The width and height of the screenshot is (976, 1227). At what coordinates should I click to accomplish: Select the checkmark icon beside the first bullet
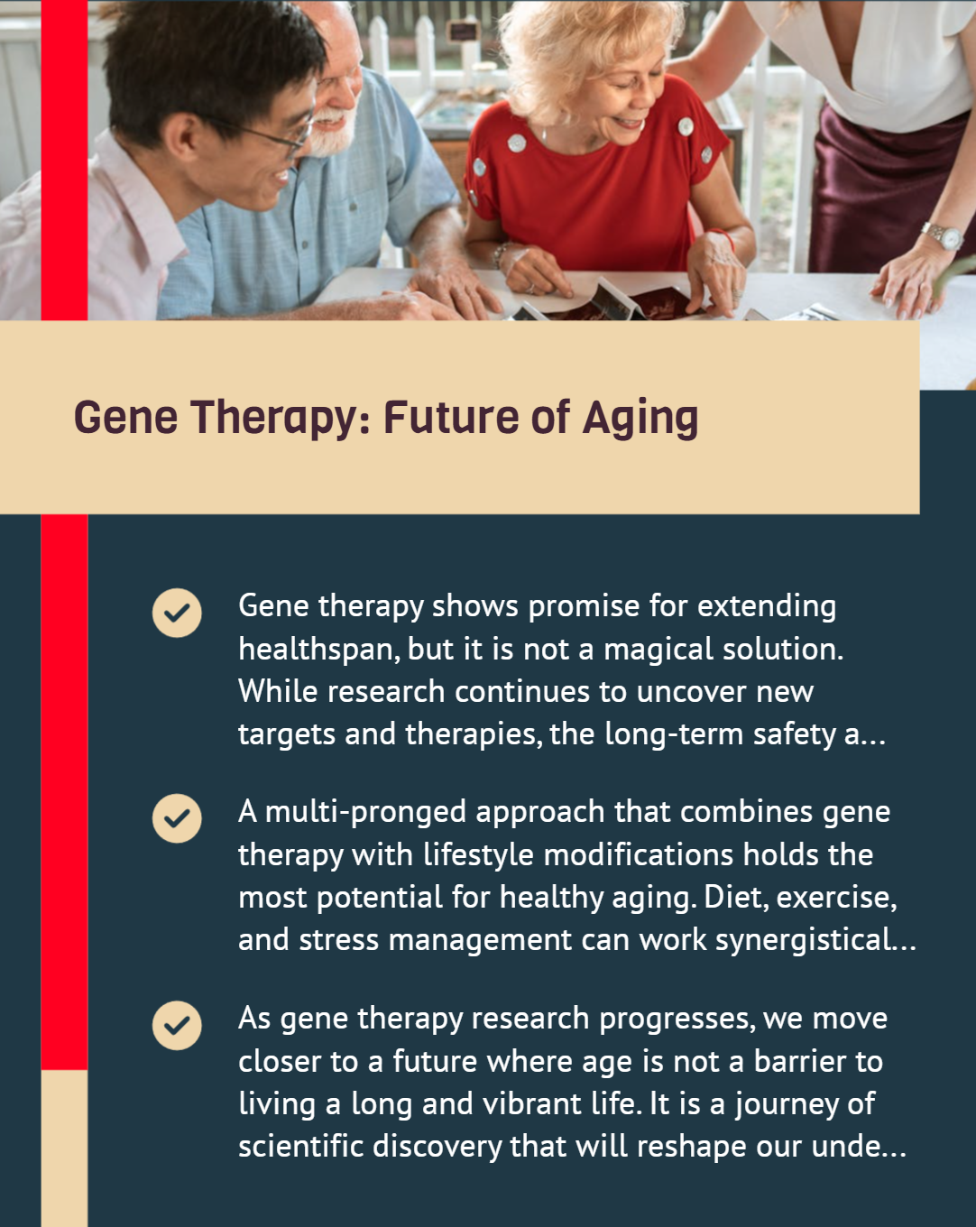point(177,613)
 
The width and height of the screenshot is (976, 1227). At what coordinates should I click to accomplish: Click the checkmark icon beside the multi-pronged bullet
point(177,818)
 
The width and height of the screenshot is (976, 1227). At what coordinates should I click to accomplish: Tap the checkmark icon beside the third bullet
point(177,1026)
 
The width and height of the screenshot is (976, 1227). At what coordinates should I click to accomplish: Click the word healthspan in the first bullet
point(319,650)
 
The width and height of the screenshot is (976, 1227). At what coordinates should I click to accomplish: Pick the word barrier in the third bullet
point(799,1062)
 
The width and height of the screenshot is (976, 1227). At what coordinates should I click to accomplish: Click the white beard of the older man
point(336,131)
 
